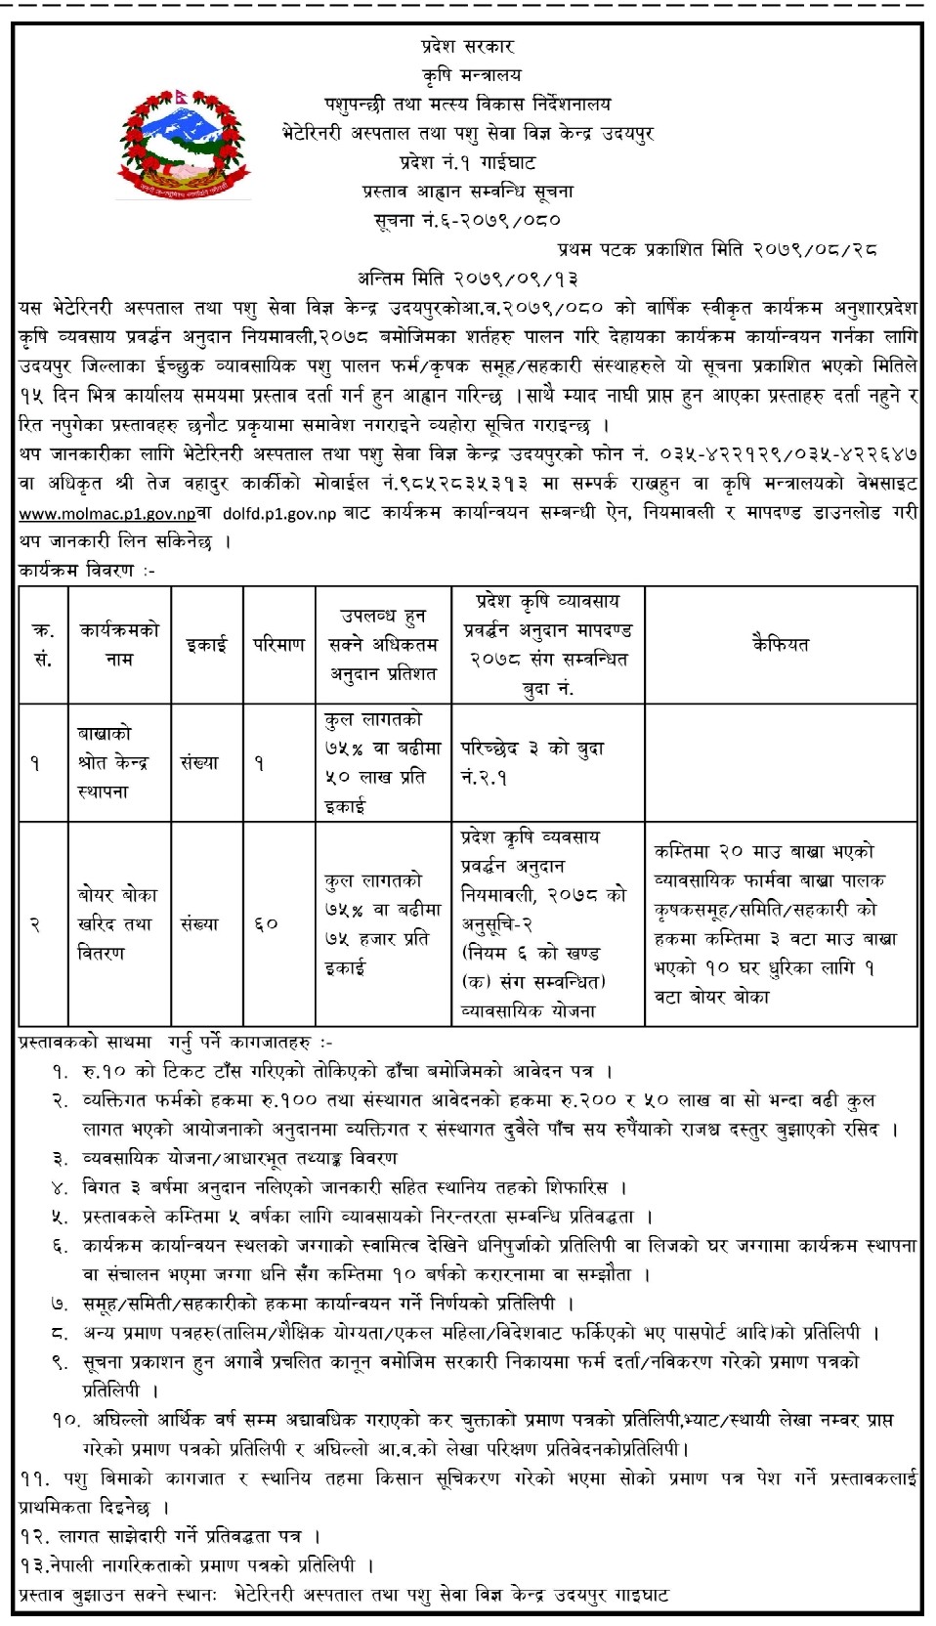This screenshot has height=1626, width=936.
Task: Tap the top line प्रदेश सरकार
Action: [x=467, y=46]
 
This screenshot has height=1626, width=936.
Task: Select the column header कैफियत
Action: [x=780, y=644]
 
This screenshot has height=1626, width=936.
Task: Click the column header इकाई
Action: [x=206, y=644]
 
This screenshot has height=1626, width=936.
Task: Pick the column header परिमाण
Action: [x=278, y=644]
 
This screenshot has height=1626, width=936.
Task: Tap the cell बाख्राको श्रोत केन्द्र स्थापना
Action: [x=118, y=762]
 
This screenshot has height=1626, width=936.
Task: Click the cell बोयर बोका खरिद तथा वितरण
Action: [x=117, y=923]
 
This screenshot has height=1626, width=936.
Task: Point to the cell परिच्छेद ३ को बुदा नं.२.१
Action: [x=533, y=763]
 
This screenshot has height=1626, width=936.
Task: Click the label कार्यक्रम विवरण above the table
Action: [x=87, y=570]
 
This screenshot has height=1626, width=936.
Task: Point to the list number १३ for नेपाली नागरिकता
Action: [x=33, y=1565]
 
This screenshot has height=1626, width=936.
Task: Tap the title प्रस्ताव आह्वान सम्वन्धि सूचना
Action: [x=467, y=192]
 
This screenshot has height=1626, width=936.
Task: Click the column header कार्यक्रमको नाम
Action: [x=118, y=644]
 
